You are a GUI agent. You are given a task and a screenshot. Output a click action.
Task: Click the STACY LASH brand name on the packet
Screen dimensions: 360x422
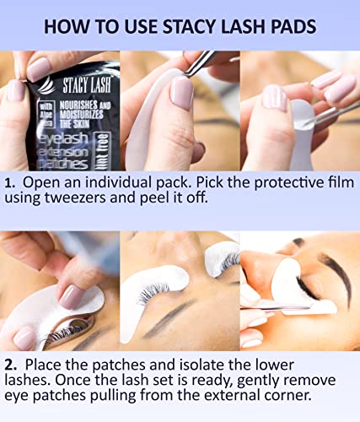click(87, 84)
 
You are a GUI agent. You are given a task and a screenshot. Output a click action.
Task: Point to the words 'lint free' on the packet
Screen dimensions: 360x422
click(103, 151)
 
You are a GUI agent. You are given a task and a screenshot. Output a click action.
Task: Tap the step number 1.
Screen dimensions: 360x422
click(9, 183)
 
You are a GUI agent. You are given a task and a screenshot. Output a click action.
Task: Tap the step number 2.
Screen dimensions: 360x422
click(10, 365)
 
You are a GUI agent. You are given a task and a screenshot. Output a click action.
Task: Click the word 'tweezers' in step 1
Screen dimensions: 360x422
click(75, 198)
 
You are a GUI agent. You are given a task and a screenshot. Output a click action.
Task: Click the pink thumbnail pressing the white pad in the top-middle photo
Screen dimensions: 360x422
click(183, 93)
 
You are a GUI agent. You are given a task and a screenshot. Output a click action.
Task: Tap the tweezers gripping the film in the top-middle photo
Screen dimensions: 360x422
click(200, 62)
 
